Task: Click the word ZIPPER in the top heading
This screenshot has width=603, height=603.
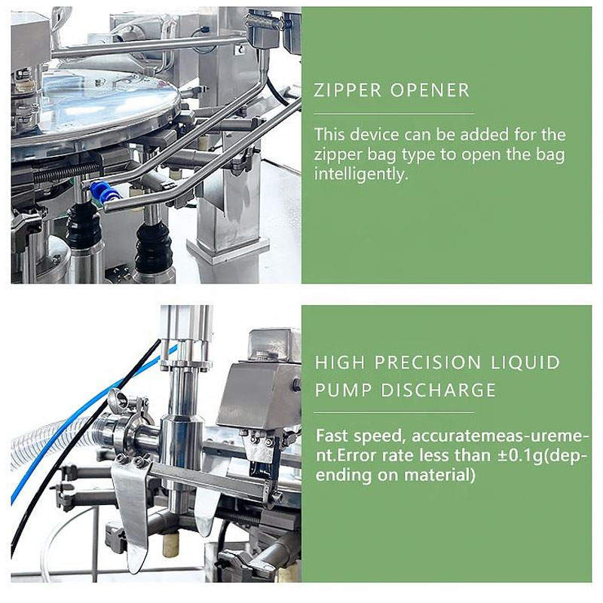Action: tap(347, 90)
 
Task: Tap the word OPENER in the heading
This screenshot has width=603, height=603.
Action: tap(430, 90)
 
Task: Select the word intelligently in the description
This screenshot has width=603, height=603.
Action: tap(361, 174)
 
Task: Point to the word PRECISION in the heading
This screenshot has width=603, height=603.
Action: tap(427, 363)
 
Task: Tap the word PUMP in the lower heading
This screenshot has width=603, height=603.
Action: tap(344, 390)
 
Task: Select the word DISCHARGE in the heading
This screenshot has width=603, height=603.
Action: tap(439, 390)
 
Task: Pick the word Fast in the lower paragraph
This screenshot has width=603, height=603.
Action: tap(332, 436)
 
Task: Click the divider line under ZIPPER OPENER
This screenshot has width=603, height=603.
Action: tap(393, 114)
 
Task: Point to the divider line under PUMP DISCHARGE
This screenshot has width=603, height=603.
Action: tap(393, 413)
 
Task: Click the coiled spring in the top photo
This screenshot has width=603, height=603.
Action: tap(67, 171)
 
